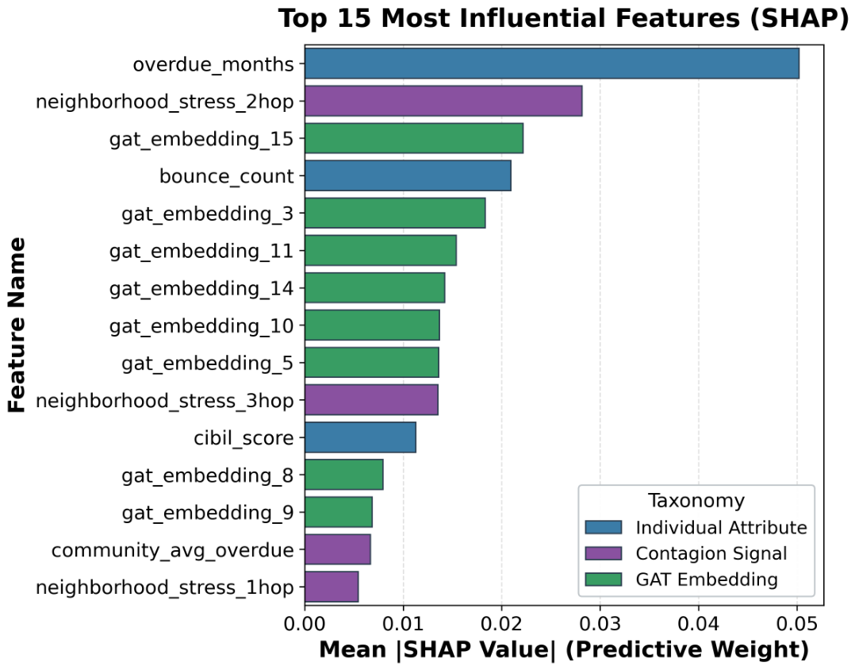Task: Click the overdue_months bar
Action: point(552,64)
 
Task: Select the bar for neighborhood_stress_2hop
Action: point(443,101)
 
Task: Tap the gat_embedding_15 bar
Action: point(414,138)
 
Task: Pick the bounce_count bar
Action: point(408,175)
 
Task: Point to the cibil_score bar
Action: point(360,437)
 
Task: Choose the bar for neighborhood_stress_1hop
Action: point(332,587)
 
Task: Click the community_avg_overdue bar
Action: point(338,549)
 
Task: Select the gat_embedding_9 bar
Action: point(339,512)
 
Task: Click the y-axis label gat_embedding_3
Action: point(207,214)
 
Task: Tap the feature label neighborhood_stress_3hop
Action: point(165,401)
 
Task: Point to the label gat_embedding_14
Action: point(201,289)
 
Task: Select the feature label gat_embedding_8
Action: point(207,476)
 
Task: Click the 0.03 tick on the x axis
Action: point(600,624)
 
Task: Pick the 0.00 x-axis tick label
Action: point(305,624)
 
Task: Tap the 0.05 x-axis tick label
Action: point(797,624)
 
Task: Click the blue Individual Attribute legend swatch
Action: point(603,527)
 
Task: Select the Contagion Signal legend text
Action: point(711,553)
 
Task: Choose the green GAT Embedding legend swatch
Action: point(603,580)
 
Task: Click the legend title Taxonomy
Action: point(696,500)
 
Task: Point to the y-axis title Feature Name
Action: point(17,325)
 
